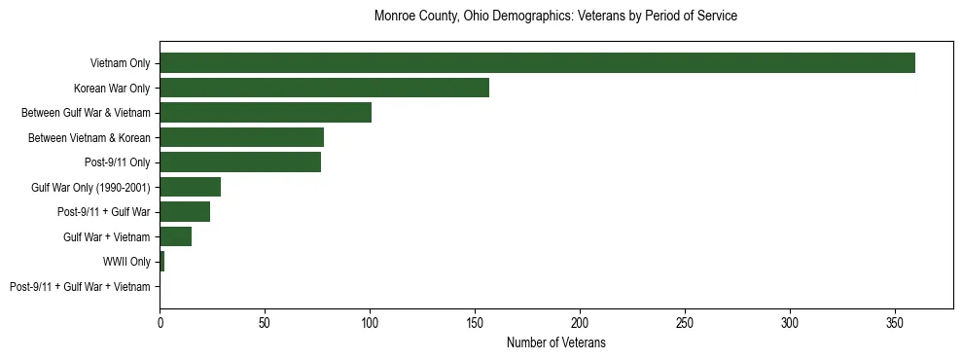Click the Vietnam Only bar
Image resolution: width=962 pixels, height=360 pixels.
(x=537, y=63)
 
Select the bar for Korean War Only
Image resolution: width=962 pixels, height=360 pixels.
(x=324, y=88)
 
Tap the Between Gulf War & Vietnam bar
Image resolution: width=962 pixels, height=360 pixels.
(x=266, y=113)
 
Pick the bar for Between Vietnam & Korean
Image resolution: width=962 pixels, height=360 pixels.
(x=241, y=137)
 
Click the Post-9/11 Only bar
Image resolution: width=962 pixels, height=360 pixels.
(x=240, y=162)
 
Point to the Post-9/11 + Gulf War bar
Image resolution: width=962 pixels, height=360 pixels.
(x=185, y=212)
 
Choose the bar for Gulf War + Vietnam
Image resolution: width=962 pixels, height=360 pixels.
(x=175, y=236)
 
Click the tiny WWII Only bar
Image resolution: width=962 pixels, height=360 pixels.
(x=162, y=262)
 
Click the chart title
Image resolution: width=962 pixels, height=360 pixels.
(x=555, y=17)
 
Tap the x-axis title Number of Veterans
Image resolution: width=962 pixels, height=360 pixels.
(x=555, y=342)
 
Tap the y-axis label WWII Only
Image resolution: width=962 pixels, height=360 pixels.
(x=126, y=262)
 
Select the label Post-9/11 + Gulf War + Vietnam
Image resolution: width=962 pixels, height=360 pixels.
(x=80, y=287)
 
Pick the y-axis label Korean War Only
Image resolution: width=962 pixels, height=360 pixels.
(x=112, y=88)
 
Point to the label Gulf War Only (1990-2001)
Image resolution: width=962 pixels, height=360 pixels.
(x=90, y=187)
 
